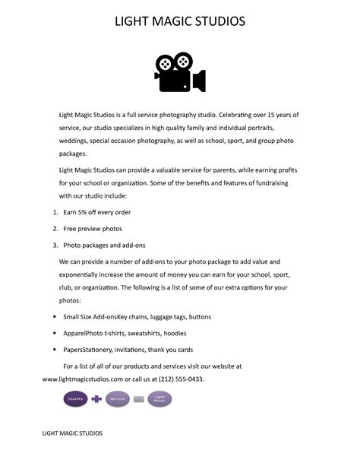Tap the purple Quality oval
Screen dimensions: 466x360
(74, 398)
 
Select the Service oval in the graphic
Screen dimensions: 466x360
(118, 398)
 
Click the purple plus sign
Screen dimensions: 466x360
(96, 398)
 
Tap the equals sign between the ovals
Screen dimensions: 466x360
(138, 398)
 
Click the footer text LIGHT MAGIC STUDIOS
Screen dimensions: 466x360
(72, 454)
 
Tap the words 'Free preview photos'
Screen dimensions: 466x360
(93, 228)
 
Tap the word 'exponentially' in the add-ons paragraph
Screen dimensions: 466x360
(83, 273)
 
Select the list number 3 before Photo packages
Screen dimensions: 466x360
(55, 246)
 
